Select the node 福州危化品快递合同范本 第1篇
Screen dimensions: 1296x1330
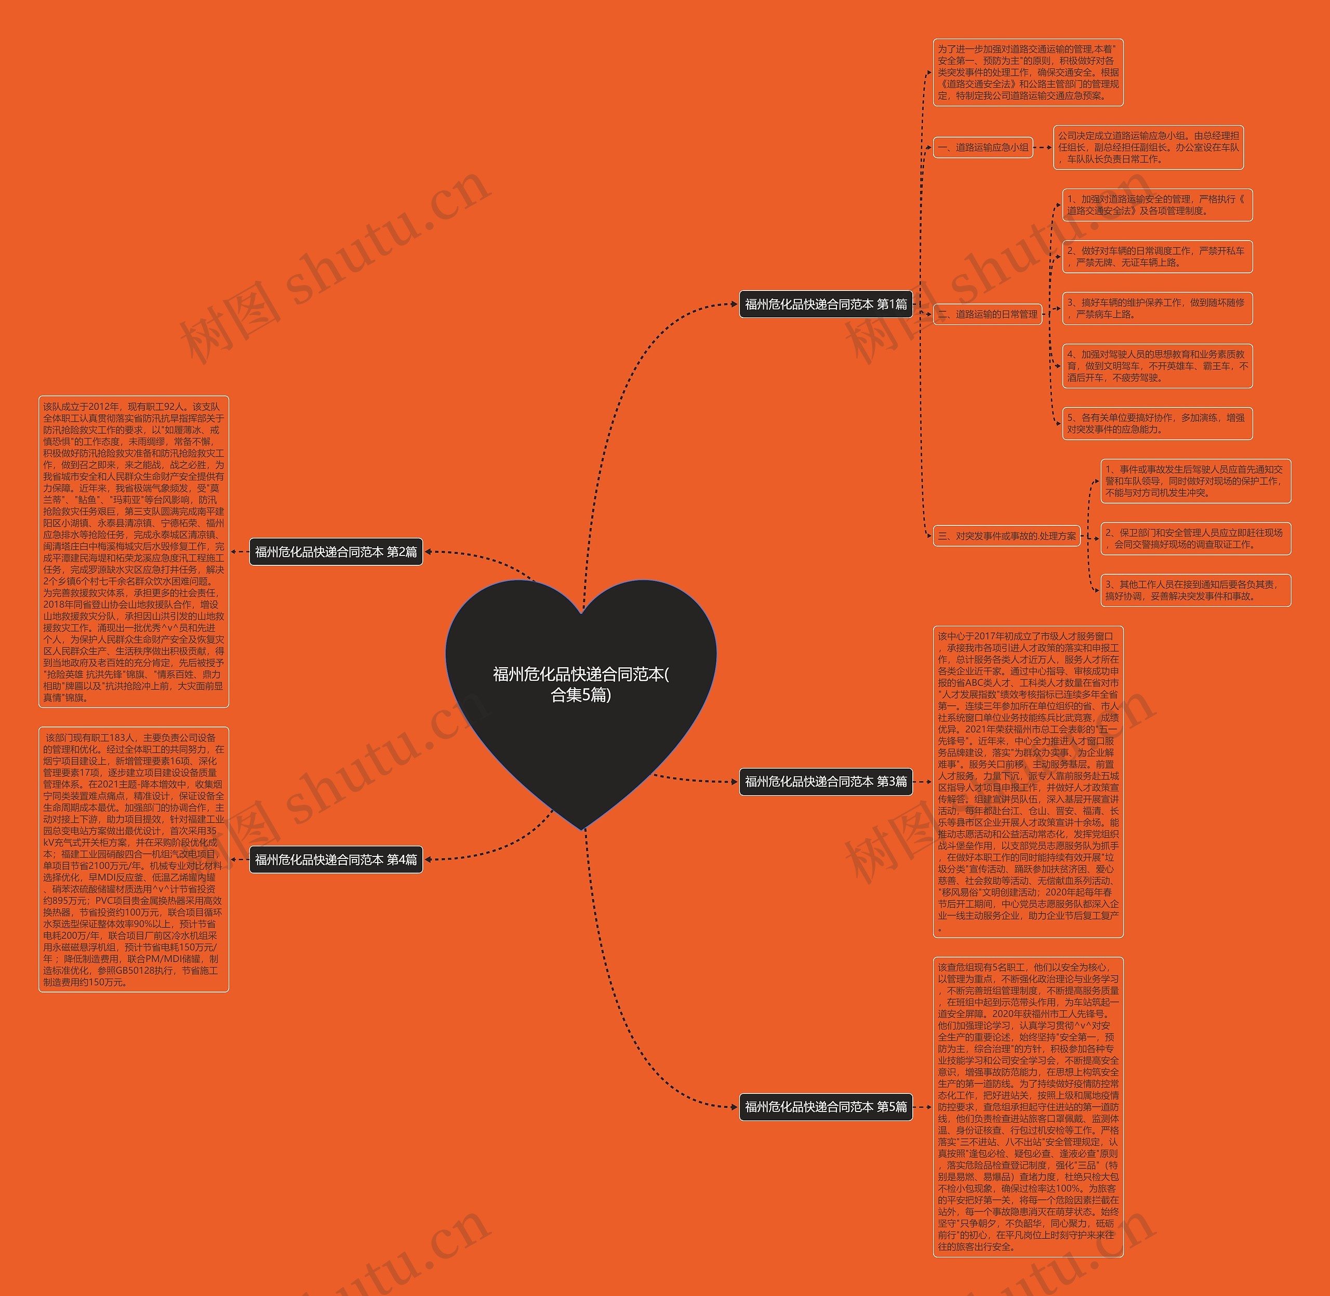pos(826,305)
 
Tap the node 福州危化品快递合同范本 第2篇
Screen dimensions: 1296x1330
pos(336,551)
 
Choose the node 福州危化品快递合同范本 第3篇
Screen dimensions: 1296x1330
pos(826,782)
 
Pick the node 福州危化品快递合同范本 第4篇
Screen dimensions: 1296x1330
pos(336,859)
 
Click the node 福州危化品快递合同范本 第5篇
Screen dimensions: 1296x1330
pos(826,1107)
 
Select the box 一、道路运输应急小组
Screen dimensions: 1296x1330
pos(983,147)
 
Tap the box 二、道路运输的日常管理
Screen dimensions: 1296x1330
pos(987,314)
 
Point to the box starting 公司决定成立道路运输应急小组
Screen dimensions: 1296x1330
pos(1148,147)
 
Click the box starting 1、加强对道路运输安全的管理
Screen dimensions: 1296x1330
pos(1157,205)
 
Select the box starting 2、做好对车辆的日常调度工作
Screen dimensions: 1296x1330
pos(1157,257)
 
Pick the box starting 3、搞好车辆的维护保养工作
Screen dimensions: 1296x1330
pos(1157,308)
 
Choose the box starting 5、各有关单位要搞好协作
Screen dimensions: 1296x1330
pos(1157,424)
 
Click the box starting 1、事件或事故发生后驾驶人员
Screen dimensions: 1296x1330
pos(1195,481)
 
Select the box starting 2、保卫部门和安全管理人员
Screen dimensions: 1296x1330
pos(1195,538)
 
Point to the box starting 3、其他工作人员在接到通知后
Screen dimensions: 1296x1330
pos(1195,590)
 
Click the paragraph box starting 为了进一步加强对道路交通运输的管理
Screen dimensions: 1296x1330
pos(1028,72)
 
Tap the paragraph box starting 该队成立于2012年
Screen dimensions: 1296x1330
pos(134,551)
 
